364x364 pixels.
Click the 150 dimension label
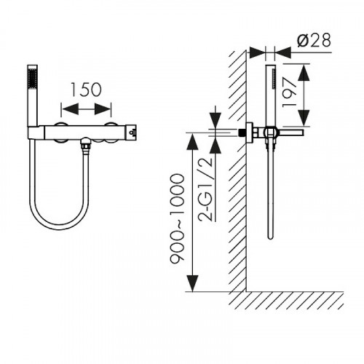[x=86, y=90]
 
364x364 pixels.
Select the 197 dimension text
[x=290, y=92]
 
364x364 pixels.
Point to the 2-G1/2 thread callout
[x=205, y=190]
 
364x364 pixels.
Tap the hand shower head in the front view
[x=33, y=95]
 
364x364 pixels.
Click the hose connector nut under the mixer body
[x=86, y=147]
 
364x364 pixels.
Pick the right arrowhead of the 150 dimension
[x=103, y=108]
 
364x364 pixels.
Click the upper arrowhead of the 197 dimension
[x=304, y=73]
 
